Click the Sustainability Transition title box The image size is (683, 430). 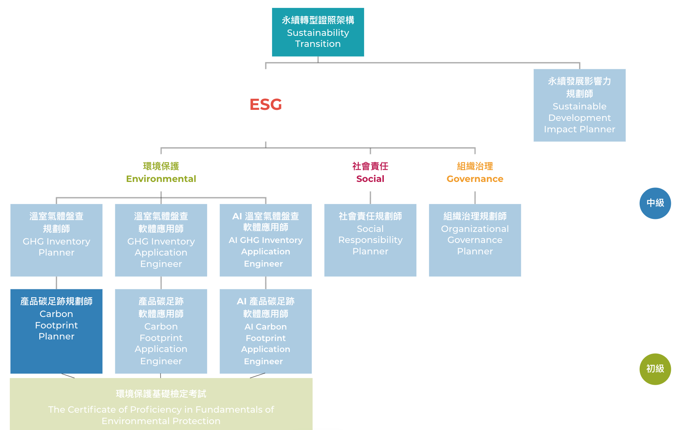pyautogui.click(x=318, y=32)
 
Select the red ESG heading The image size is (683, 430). pyautogui.click(x=266, y=104)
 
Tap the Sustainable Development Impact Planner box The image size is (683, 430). pyautogui.click(x=579, y=105)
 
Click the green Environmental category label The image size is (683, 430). pyautogui.click(x=161, y=178)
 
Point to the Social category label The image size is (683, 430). pyautogui.click(x=370, y=178)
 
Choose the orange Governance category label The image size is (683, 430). pyautogui.click(x=475, y=178)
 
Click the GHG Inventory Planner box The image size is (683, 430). pyautogui.click(x=56, y=240)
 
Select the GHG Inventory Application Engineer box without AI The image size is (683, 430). pyautogui.click(x=161, y=240)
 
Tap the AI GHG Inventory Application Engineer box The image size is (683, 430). pyautogui.click(x=266, y=240)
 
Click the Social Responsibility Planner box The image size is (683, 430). pyautogui.click(x=370, y=240)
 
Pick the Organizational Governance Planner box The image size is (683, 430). pyautogui.click(x=475, y=240)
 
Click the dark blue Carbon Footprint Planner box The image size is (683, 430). pyautogui.click(x=56, y=331)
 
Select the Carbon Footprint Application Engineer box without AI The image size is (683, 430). pyautogui.click(x=161, y=331)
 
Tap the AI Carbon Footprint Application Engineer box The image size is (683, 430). pyautogui.click(x=266, y=331)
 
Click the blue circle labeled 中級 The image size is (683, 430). pyautogui.click(x=655, y=203)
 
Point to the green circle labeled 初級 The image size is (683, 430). pyautogui.click(x=655, y=369)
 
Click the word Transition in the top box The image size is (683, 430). pyautogui.click(x=318, y=44)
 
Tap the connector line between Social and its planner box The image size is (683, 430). pyautogui.click(x=370, y=197)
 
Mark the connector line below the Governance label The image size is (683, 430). pyautogui.click(x=475, y=197)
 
